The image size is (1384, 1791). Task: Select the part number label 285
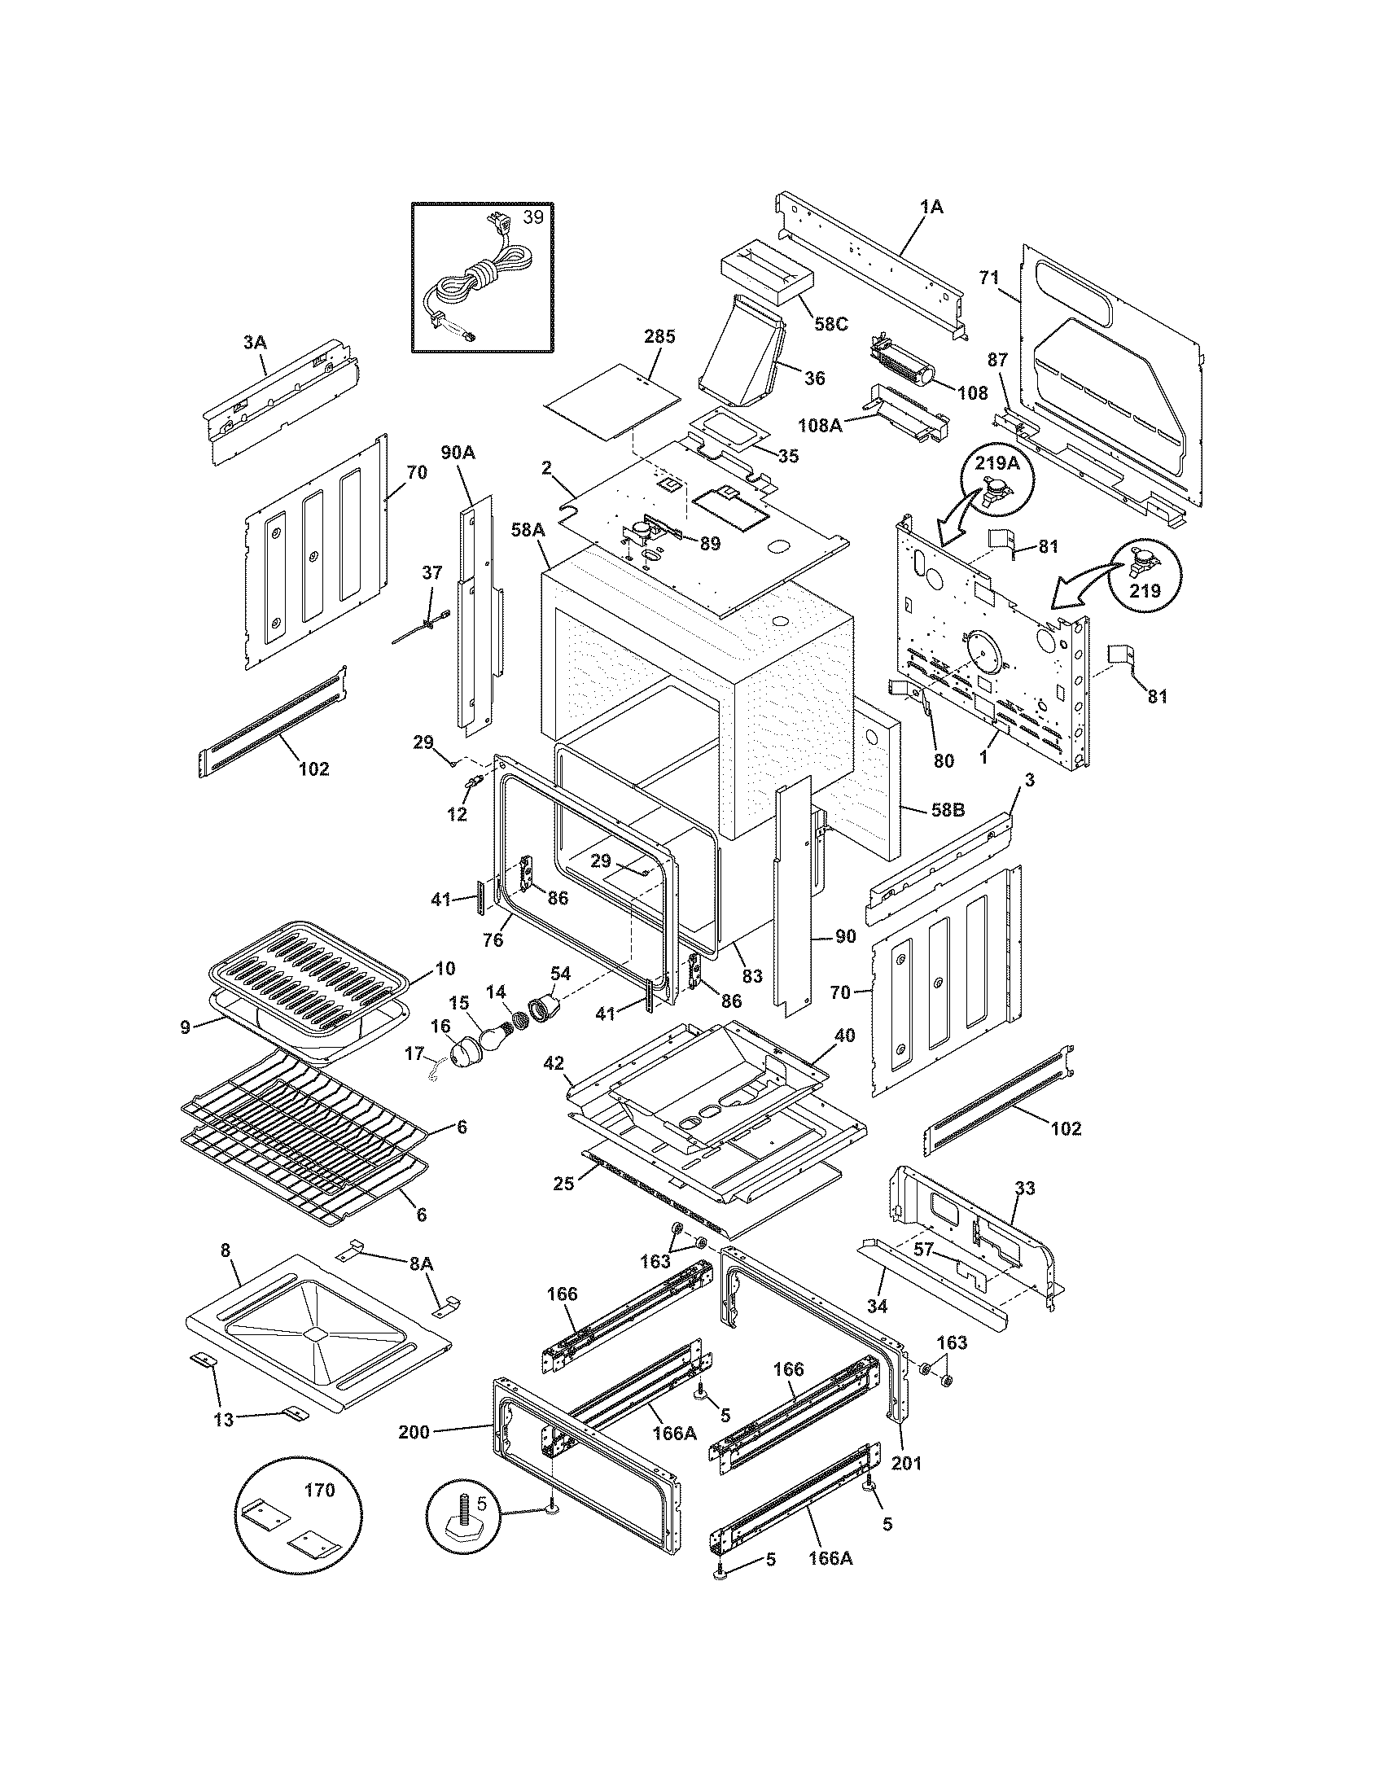659,336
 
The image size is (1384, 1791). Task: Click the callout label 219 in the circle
1145,590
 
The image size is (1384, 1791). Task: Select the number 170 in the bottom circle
319,1490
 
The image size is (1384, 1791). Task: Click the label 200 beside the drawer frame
415,1433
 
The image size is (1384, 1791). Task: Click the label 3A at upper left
255,343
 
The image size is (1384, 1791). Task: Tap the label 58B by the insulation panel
947,810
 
